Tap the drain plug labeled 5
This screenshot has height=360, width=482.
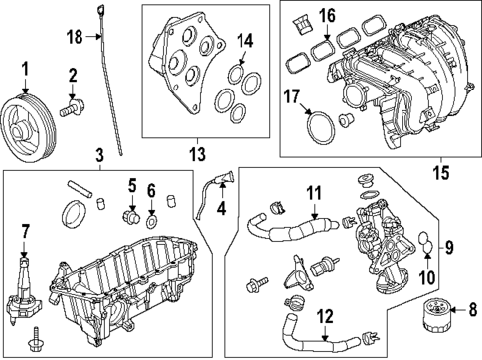click(127, 212)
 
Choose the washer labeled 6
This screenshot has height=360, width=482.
click(151, 215)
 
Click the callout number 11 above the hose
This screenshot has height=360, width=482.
click(313, 191)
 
